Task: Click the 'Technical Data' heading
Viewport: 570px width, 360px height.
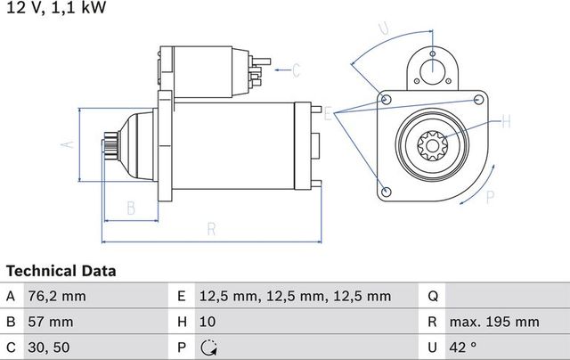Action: (61, 270)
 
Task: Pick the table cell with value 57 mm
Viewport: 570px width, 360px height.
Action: (52, 321)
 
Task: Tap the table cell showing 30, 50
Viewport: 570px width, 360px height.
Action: (49, 347)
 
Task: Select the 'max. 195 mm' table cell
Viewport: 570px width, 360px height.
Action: (494, 321)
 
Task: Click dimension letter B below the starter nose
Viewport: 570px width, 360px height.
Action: (130, 209)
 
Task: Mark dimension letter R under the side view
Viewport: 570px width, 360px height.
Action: (211, 229)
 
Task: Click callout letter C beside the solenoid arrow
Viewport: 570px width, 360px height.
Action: (297, 68)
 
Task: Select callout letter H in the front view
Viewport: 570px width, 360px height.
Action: (506, 120)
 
